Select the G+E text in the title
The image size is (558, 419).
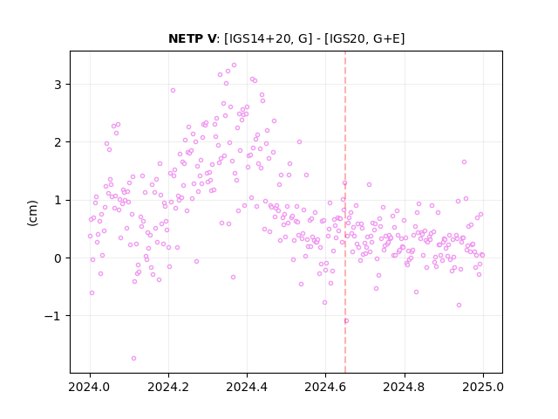click(385, 38)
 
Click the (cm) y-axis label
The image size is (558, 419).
click(32, 213)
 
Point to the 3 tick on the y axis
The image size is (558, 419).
click(58, 85)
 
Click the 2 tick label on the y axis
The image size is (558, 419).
click(58, 142)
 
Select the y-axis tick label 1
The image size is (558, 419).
click(58, 200)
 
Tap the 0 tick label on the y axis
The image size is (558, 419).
click(58, 258)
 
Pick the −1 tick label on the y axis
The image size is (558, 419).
click(52, 316)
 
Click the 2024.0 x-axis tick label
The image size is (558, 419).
click(90, 387)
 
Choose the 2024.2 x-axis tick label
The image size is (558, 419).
click(168, 387)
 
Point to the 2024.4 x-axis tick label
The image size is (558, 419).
click(247, 387)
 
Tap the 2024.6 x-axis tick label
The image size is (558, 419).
click(325, 387)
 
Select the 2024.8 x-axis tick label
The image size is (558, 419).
click(405, 387)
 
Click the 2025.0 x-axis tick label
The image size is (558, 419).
click(483, 387)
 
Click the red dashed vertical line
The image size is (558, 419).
click(345, 212)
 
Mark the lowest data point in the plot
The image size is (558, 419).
click(133, 358)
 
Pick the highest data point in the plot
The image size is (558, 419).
click(234, 65)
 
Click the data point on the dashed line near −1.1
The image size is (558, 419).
click(346, 320)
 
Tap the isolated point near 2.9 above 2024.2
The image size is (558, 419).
click(173, 90)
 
